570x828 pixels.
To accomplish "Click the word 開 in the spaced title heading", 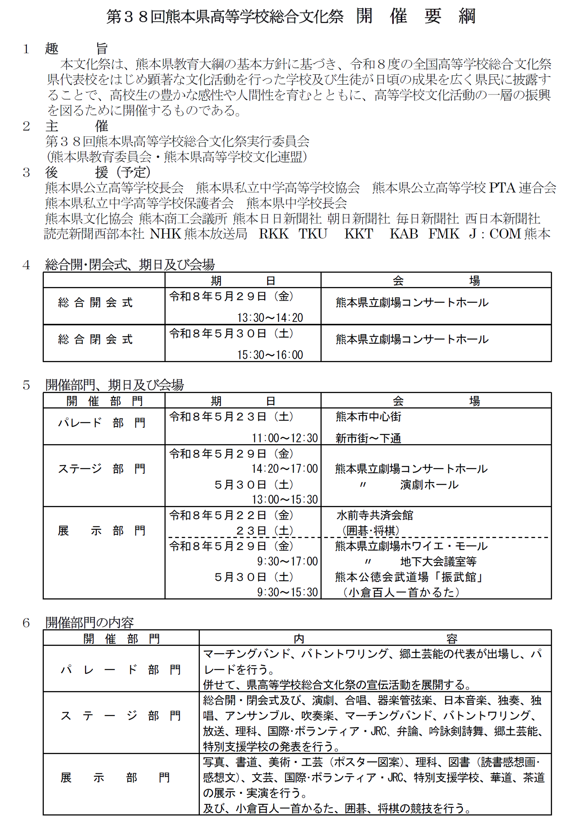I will click(x=364, y=16).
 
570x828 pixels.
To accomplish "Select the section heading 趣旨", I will click(x=76, y=48).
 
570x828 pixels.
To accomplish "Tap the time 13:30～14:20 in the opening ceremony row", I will click(x=270, y=318).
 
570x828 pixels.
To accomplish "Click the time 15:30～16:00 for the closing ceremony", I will click(x=270, y=355).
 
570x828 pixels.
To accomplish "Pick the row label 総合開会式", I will click(x=95, y=302).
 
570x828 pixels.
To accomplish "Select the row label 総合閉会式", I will click(x=95, y=339).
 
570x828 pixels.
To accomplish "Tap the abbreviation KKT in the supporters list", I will click(x=359, y=234).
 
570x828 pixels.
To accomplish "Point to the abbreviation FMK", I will click(x=444, y=234).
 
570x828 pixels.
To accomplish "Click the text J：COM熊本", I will click(x=510, y=234).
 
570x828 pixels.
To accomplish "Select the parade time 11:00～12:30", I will click(x=285, y=438).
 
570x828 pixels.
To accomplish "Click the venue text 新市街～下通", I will click(x=368, y=438).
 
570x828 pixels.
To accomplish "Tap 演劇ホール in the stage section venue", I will click(x=429, y=485).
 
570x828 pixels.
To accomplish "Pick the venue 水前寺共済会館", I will click(x=375, y=515).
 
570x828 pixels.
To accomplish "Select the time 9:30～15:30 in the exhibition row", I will click(x=287, y=592).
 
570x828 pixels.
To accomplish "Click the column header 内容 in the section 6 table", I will click(x=375, y=639).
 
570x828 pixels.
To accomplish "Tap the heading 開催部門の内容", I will click(x=89, y=623).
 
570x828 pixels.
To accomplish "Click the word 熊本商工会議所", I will click(x=183, y=219).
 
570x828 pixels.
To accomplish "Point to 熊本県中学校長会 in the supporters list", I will click(x=297, y=203).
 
